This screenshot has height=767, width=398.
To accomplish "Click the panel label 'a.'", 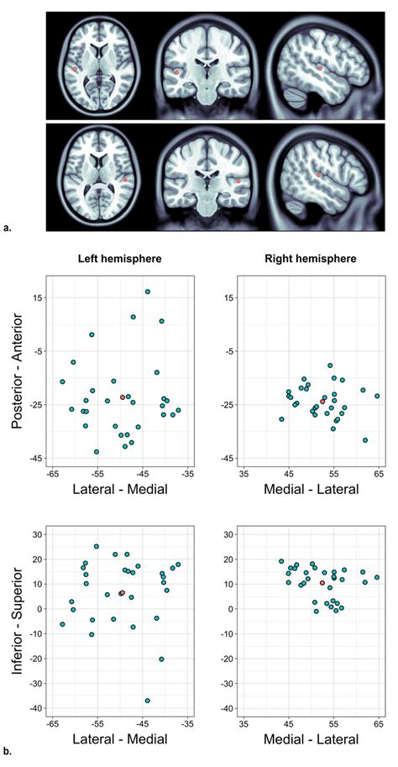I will point(8,226).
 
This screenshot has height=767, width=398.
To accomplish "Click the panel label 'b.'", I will point(8,754).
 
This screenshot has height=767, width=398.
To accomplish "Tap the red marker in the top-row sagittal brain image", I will point(320,68).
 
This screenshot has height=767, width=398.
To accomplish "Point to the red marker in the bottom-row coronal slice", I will point(238,180).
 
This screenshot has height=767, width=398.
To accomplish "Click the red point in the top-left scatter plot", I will point(123,397).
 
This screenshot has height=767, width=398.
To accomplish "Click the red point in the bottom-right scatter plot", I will point(322,583).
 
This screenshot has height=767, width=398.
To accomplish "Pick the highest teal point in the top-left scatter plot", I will point(148,292).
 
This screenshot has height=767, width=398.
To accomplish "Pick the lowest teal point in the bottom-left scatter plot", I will point(148,700).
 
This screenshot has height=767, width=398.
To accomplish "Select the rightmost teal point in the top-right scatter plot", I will point(378,396).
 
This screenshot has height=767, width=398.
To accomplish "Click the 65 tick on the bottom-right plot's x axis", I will point(378,722).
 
